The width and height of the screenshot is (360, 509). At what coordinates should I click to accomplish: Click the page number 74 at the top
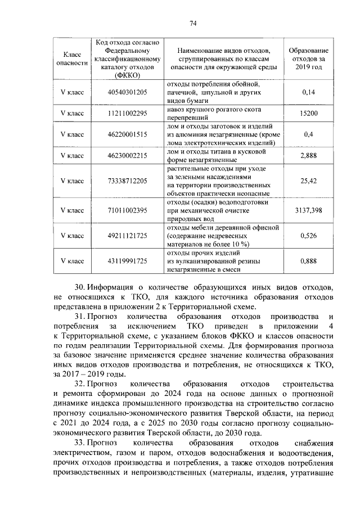(x=192, y=23)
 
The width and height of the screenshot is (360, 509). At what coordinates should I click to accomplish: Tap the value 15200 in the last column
(x=308, y=114)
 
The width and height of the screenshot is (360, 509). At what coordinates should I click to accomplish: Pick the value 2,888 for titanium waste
(x=308, y=156)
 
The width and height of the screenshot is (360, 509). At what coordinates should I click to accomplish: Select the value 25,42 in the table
(x=308, y=181)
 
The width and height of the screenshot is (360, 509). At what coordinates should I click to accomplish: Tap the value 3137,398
(x=308, y=210)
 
